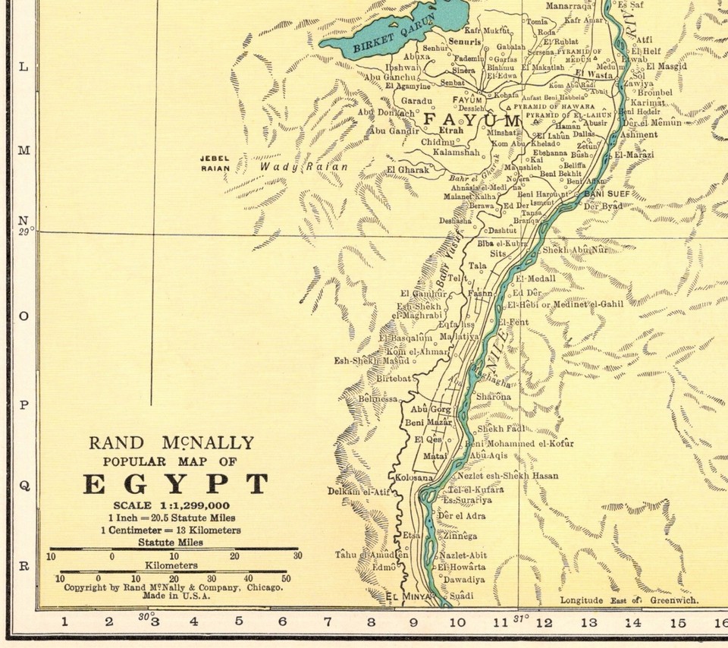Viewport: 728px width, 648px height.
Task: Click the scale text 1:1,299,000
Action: click(x=172, y=505)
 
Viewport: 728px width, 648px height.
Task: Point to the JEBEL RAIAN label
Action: click(x=215, y=163)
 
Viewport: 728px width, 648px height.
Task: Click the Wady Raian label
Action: click(x=303, y=167)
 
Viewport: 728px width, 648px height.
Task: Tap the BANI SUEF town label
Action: click(x=606, y=193)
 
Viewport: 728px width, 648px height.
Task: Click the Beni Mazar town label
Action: click(x=428, y=422)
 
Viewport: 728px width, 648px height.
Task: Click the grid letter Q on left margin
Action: click(x=24, y=486)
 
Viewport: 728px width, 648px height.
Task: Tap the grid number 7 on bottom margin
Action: click(x=328, y=622)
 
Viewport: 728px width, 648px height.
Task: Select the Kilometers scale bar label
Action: click(x=172, y=565)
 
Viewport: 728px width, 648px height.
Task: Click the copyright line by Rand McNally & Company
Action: click(x=173, y=587)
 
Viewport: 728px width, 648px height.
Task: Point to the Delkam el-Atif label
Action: click(x=359, y=492)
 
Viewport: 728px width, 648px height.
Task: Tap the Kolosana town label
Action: click(x=414, y=477)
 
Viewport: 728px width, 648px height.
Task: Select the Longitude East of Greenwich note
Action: click(x=629, y=600)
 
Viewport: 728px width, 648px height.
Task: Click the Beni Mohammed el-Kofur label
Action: click(x=519, y=443)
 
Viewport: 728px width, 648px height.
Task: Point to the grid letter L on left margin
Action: click(x=24, y=67)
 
